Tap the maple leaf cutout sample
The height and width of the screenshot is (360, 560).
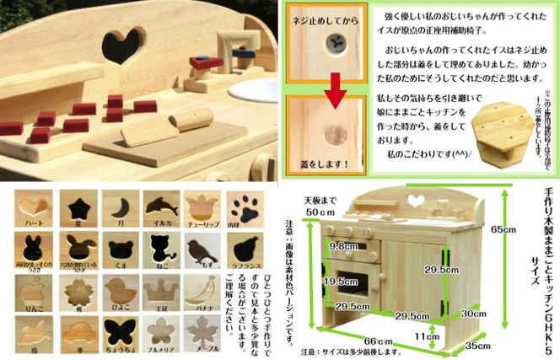[x=202, y=336]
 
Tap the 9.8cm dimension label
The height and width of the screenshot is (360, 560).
[x=341, y=247]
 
